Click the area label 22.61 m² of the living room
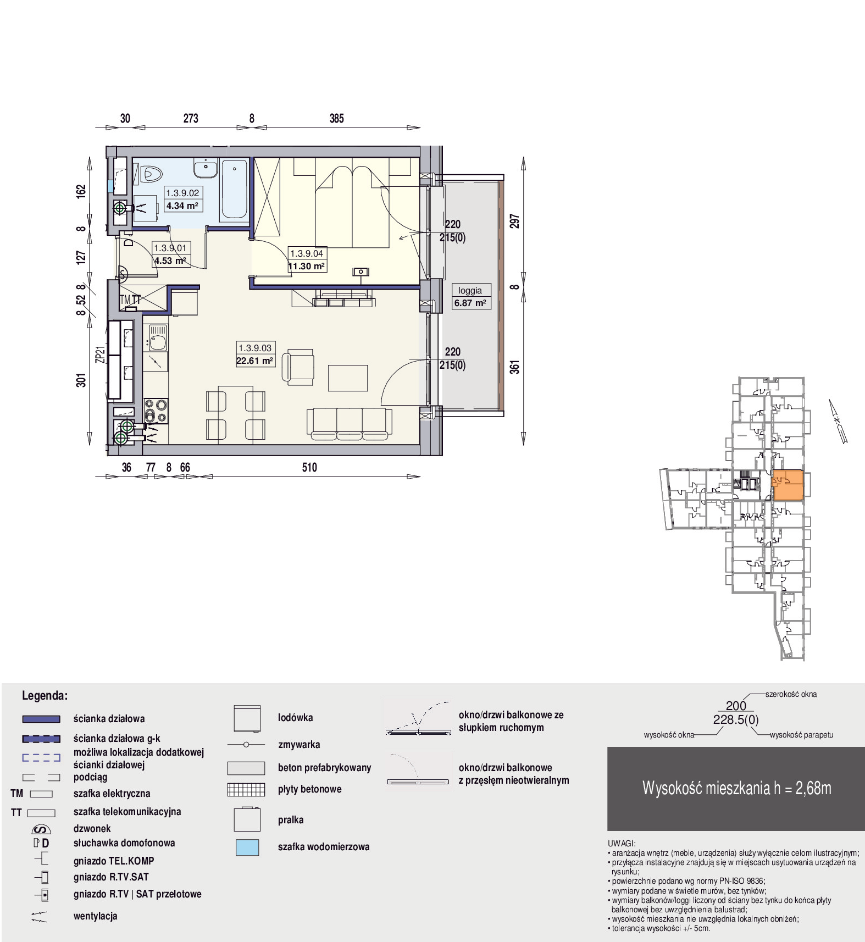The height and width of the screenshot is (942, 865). click(x=255, y=361)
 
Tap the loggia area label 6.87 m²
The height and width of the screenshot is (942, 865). click(x=470, y=303)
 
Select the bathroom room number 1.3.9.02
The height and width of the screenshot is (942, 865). click(x=182, y=193)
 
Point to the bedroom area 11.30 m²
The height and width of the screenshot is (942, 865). click(x=307, y=266)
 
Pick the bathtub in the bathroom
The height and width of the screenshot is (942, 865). click(x=234, y=190)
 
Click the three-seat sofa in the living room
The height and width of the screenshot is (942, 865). click(x=350, y=424)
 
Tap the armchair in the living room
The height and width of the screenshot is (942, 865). click(x=298, y=367)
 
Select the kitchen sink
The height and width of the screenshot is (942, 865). click(x=157, y=338)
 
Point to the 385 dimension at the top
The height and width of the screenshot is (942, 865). click(x=336, y=118)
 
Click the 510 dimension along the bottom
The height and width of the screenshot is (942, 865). click(x=309, y=467)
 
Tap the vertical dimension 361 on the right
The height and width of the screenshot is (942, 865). click(x=514, y=367)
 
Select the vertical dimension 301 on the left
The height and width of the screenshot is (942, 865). click(x=81, y=380)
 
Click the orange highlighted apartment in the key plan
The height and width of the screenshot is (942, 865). click(x=788, y=485)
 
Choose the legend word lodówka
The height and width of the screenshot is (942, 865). click(x=296, y=717)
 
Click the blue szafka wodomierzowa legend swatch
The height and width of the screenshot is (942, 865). click(x=247, y=847)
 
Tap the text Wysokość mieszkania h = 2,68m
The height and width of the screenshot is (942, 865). click(x=736, y=788)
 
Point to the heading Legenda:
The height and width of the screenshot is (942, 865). click(x=45, y=695)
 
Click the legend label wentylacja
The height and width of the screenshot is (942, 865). click(x=96, y=916)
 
